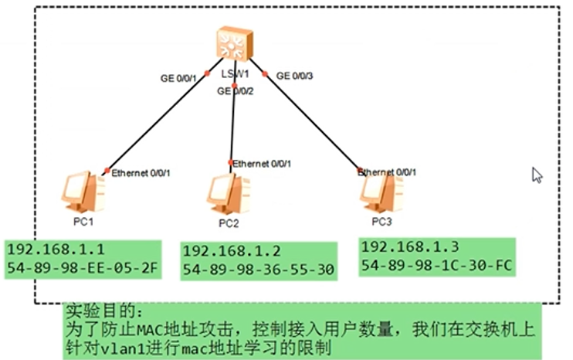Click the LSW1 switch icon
tap(233, 44)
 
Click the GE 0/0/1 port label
tap(178, 76)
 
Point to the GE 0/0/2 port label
tap(236, 90)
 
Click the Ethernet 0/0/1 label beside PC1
tap(141, 172)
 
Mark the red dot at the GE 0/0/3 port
tap(265, 75)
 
